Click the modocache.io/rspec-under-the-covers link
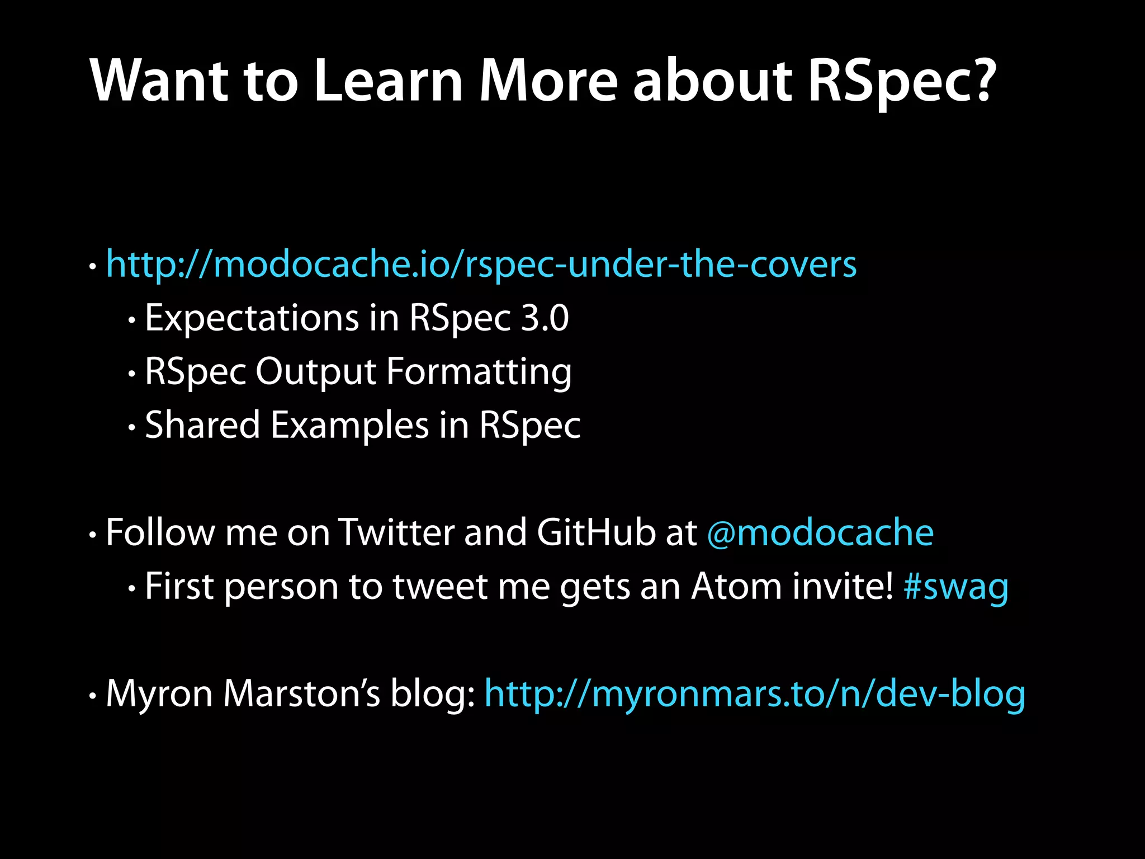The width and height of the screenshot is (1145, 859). coord(481,264)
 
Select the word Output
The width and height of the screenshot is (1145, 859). coord(316,372)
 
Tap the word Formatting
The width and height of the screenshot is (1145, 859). coord(479,372)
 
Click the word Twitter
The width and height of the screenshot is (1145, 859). coord(396,532)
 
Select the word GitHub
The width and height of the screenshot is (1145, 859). coord(597,532)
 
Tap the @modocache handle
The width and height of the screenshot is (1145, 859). coord(820,532)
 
